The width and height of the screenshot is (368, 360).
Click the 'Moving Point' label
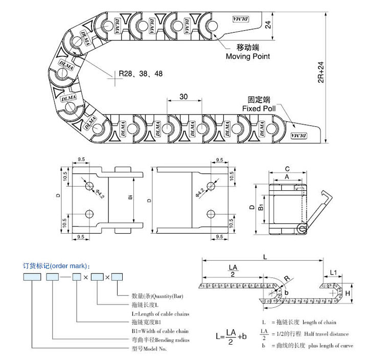click(247, 57)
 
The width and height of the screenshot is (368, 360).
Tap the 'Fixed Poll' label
click(259, 109)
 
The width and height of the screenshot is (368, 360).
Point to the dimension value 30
click(184, 97)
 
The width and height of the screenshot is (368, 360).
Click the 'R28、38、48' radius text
click(141, 74)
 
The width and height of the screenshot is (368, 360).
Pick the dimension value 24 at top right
click(267, 24)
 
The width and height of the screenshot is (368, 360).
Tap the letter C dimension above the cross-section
click(287, 168)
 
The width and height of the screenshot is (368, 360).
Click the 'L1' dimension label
click(333, 272)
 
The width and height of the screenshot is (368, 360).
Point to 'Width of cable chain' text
click(160, 331)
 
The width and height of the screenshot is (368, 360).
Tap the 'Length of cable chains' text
click(160, 313)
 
